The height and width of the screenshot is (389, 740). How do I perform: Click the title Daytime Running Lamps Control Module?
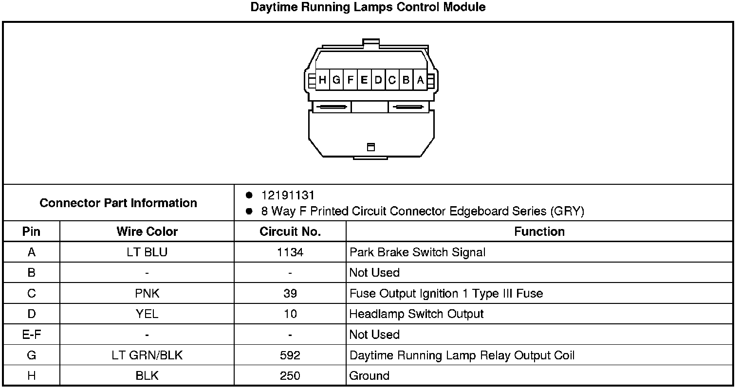(368, 7)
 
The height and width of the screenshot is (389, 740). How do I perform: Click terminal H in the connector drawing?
(322, 80)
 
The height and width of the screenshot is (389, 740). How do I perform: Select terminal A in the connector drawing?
(421, 80)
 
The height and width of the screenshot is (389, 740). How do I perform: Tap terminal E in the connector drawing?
(364, 80)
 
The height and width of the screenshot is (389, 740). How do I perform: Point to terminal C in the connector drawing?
(392, 80)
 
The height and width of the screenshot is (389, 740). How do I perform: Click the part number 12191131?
(288, 195)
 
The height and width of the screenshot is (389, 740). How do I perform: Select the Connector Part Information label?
(118, 203)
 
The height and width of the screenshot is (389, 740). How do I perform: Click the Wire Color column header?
(147, 231)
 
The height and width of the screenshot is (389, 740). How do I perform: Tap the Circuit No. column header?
(290, 231)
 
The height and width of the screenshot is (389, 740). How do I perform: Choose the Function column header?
(539, 231)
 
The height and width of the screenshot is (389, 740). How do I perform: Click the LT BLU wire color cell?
(147, 252)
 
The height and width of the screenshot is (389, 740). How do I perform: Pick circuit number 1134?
(290, 252)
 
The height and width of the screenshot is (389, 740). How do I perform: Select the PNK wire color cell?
(147, 293)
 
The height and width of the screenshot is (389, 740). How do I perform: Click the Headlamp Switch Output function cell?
(416, 314)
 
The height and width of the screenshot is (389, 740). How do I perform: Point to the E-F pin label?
(32, 335)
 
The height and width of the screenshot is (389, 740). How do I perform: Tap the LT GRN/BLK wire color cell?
(147, 355)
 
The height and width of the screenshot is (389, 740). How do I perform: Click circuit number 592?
(290, 355)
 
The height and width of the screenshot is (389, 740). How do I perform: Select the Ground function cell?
(370, 376)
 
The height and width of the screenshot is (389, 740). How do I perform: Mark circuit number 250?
(290, 376)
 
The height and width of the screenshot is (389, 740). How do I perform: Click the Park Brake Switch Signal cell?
(417, 252)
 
